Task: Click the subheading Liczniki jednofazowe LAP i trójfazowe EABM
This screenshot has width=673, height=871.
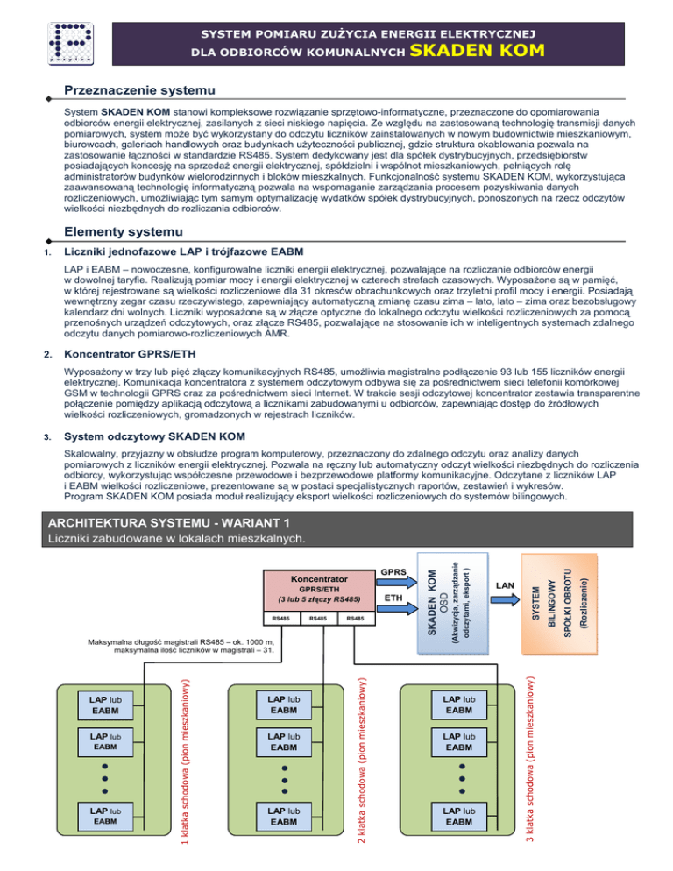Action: [x=191, y=253]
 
